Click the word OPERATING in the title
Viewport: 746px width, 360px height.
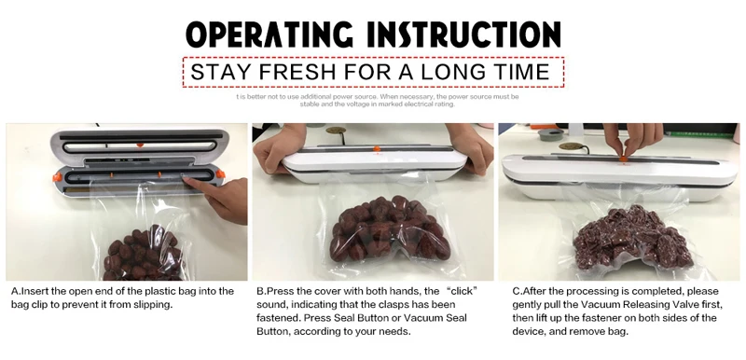(269, 35)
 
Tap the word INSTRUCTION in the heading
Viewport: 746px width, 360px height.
(464, 35)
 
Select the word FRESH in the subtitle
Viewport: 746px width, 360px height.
(297, 72)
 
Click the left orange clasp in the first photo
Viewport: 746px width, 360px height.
(58, 177)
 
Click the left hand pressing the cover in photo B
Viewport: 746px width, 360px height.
(279, 146)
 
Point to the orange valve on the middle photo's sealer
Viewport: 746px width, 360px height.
(377, 149)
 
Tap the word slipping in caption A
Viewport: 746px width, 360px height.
(153, 305)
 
